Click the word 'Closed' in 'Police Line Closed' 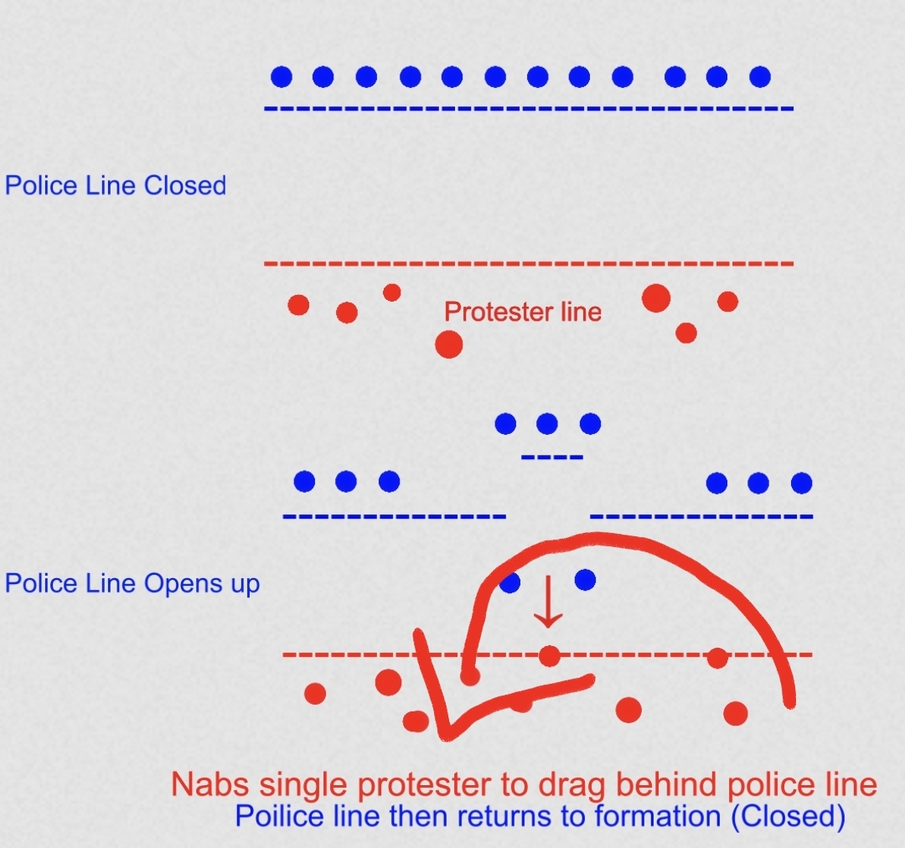tap(185, 185)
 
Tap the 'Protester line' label tap(523, 312)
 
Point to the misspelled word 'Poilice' tap(273, 815)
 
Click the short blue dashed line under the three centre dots tap(551, 458)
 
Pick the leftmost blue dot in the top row tap(282, 77)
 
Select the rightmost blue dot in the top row tap(760, 77)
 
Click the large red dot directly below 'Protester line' tap(449, 344)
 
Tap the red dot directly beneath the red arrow tap(549, 655)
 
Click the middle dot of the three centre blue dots tap(547, 424)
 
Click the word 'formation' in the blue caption tap(661, 815)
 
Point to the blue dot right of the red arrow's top tap(585, 579)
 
